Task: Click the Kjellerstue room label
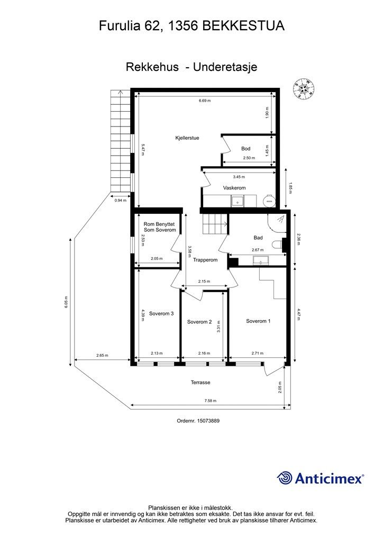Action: coord(187,138)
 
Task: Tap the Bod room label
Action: coord(245,149)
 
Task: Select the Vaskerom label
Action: coord(234,188)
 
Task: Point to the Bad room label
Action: coord(258,238)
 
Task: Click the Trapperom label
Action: coord(205,260)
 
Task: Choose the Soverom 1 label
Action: coord(258,321)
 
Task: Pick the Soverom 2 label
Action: coord(199,322)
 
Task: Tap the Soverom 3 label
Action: coord(161,313)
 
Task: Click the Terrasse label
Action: coord(200,382)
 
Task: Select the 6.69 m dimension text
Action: coord(204,101)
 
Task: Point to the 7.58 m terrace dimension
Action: coord(210,401)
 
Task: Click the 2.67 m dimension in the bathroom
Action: coord(257,250)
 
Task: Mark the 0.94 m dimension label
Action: coord(120,200)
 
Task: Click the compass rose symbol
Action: coord(304,88)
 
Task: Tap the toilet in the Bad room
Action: coord(277,245)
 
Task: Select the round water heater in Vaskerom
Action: coord(269,201)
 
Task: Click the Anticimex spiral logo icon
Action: coord(284,478)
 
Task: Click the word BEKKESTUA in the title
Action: coord(243,26)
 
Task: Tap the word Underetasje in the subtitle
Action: coord(225,67)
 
